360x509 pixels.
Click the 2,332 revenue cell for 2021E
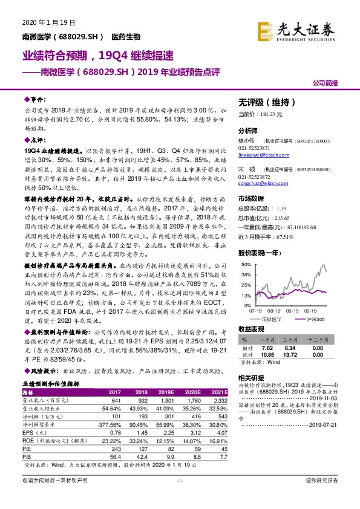[x=219, y=400]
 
